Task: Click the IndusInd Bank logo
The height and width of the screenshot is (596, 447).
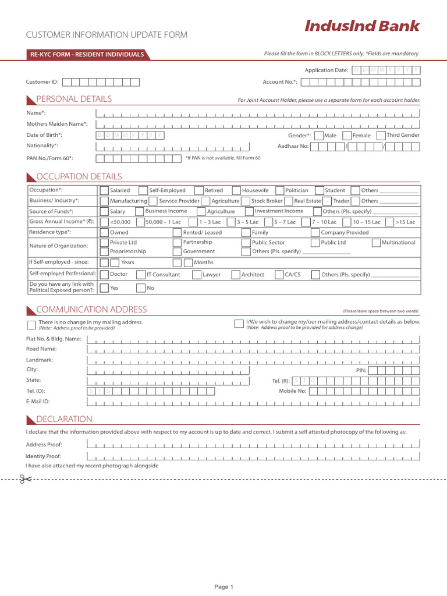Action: pos(362,26)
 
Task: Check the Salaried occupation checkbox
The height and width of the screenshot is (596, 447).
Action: pos(104,191)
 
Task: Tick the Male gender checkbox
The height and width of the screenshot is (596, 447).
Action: pos(318,136)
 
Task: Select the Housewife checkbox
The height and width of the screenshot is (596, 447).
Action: pos(236,191)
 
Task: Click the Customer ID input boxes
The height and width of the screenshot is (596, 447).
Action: pos(101,83)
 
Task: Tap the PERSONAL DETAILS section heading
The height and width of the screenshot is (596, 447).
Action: pos(74,99)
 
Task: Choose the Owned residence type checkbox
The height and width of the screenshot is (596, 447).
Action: pos(104,233)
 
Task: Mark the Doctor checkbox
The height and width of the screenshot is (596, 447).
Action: pos(104,275)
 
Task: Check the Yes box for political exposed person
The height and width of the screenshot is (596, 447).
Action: pos(104,288)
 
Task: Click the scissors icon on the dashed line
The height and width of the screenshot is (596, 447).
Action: pos(25,479)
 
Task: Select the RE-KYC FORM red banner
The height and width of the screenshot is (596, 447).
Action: pos(87,55)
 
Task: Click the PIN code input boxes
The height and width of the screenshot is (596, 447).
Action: pos(394,370)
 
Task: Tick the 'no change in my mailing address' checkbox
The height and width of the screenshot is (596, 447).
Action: pos(31,324)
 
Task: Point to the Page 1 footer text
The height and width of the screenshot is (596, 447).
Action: pos(223,587)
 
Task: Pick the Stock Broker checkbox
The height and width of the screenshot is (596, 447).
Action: pos(246,201)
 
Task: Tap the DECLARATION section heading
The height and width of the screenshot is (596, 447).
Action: pos(64,419)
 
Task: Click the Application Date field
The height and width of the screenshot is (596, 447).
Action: pos(386,70)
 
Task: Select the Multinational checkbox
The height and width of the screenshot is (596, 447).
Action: pos(376,243)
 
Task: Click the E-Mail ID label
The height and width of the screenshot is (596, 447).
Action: pos(38,402)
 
